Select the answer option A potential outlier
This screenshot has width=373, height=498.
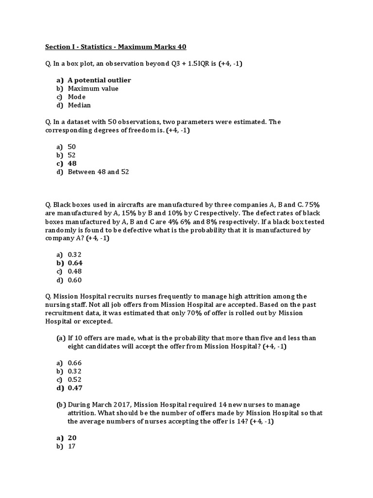(99, 80)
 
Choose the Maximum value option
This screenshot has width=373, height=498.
(93, 89)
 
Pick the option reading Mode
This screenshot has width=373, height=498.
(77, 97)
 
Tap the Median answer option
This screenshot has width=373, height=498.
(79, 105)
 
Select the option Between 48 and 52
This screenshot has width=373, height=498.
(98, 172)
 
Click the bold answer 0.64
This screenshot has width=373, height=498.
(75, 263)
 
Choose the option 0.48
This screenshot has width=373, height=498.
(75, 271)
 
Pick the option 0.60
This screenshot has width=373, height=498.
(75, 280)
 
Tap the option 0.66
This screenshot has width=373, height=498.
(75, 363)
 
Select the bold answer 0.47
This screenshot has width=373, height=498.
(75, 388)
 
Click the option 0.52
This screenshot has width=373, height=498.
(75, 379)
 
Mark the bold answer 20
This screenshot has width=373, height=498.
(72, 438)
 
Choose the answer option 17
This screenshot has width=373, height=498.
(72, 446)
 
